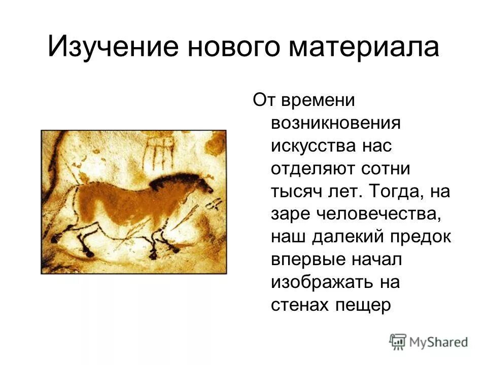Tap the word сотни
coord(399,169)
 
